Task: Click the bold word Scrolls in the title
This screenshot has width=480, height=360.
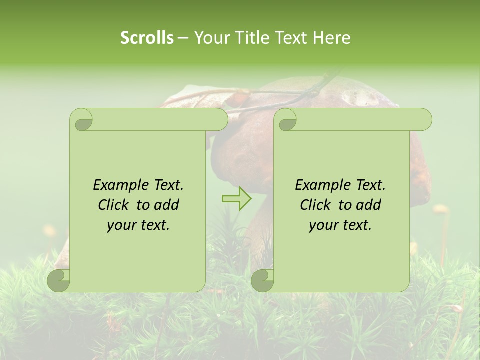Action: (147, 38)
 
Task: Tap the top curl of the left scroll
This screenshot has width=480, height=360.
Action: (81, 120)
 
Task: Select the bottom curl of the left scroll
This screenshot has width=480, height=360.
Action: (58, 280)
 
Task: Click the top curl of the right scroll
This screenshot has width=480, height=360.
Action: (286, 120)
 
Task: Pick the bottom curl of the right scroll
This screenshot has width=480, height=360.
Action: (262, 280)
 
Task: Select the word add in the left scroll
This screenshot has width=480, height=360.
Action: (167, 205)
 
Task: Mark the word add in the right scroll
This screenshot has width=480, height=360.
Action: (369, 205)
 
